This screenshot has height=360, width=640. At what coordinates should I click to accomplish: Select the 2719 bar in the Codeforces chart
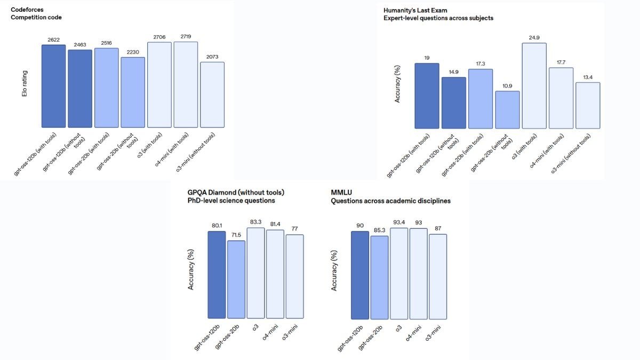tap(186, 85)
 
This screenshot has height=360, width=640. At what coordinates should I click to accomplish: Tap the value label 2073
tap(212, 57)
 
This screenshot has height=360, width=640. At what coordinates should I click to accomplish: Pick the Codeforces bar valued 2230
tap(133, 92)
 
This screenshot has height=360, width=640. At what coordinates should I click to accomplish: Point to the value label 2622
tap(53, 39)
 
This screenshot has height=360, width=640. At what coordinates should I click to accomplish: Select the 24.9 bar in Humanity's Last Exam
tap(534, 86)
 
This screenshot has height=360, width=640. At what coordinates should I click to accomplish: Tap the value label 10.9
tap(507, 85)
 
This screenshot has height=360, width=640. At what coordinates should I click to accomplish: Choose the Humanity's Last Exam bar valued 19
tap(427, 96)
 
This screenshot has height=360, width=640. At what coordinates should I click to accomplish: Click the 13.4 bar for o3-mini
tap(588, 106)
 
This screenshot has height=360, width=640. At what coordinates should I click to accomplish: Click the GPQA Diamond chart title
tap(236, 192)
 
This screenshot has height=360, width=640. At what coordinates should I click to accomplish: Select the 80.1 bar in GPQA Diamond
tap(217, 275)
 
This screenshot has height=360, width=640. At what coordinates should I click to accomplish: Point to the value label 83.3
tap(255, 222)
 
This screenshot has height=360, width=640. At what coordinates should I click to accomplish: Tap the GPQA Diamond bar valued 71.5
tap(236, 279)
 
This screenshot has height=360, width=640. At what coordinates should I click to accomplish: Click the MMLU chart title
tap(341, 192)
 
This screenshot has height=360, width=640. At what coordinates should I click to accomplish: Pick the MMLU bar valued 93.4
tap(398, 274)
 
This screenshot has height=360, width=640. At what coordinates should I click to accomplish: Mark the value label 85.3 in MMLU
tap(379, 230)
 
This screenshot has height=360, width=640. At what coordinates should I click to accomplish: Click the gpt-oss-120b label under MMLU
tap(351, 339)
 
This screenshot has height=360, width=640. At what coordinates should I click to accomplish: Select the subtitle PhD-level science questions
tap(231, 201)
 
